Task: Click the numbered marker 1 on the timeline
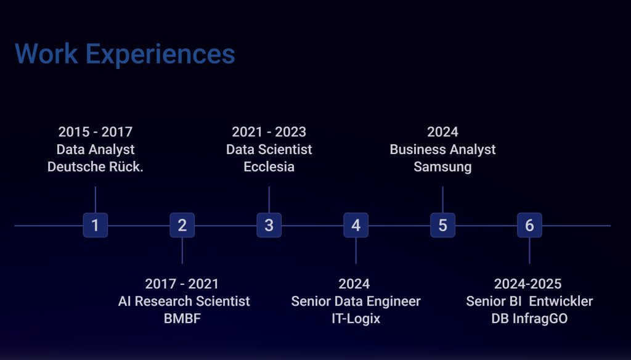click(96, 225)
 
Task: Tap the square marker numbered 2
click(182, 225)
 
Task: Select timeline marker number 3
click(269, 225)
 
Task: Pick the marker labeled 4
click(356, 225)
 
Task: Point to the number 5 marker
click(442, 225)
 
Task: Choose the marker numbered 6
click(529, 225)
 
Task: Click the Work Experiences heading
click(124, 54)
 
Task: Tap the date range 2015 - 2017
click(96, 132)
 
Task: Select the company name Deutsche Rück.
click(96, 166)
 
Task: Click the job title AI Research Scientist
click(184, 301)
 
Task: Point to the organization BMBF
click(182, 319)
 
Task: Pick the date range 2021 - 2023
click(269, 132)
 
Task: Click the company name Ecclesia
click(269, 166)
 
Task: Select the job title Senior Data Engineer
click(356, 301)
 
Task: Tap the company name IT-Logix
click(356, 319)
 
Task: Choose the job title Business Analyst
click(442, 149)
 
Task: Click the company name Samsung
click(442, 166)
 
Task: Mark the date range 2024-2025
click(527, 284)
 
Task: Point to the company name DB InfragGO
click(529, 319)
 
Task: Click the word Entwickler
click(561, 301)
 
